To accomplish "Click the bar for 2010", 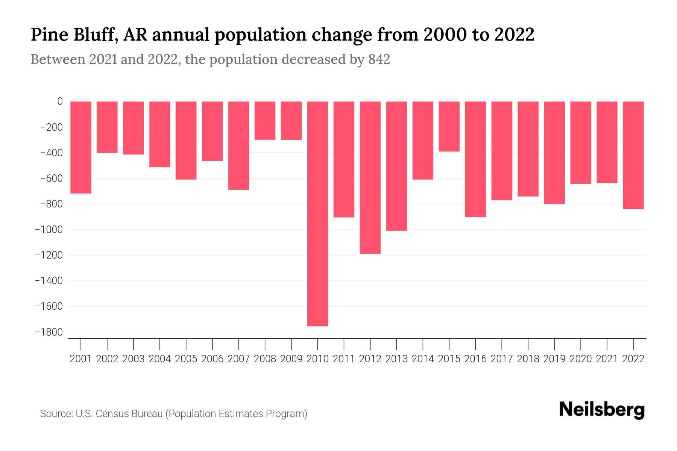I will [317, 213].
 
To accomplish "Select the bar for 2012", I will [370, 177].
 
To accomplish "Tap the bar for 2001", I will [81, 147].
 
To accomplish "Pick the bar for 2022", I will [633, 155].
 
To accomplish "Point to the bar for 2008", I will [265, 120].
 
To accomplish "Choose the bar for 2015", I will [449, 126].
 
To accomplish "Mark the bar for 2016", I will [475, 159].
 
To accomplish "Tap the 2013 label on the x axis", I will [396, 359].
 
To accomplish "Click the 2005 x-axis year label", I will [186, 359].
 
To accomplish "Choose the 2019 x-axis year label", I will [554, 359].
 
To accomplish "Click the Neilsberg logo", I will [602, 410].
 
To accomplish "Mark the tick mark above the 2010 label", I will [317, 344].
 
